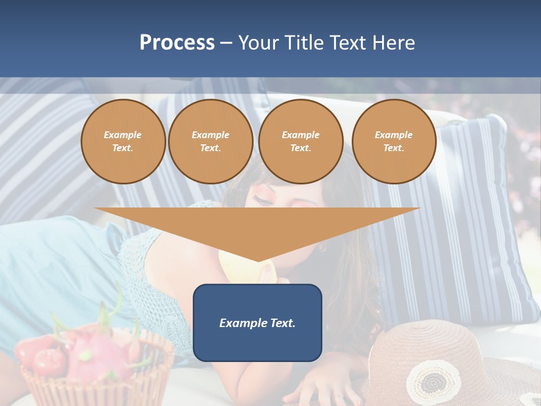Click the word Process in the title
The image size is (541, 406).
pyautogui.click(x=177, y=43)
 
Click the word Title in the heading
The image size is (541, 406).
pyautogui.click(x=305, y=43)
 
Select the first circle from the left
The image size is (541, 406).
pyautogui.click(x=123, y=142)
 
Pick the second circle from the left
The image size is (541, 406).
pyautogui.click(x=211, y=142)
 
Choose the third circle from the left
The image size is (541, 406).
pyautogui.click(x=301, y=142)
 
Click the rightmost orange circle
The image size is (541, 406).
pyautogui.click(x=394, y=142)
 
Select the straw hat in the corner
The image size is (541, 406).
pyautogui.click(x=451, y=361)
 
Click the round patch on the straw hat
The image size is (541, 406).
pyautogui.click(x=433, y=381)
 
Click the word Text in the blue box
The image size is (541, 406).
pyautogui.click(x=280, y=323)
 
